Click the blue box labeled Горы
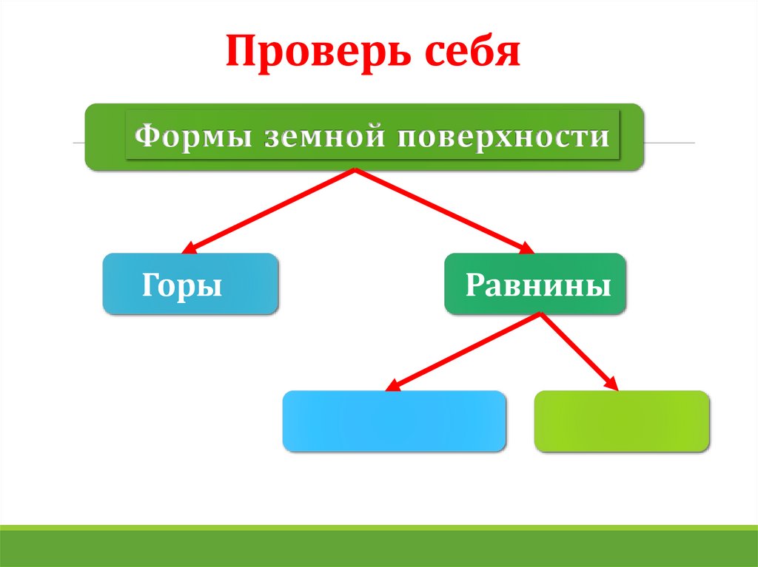190,285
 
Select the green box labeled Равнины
534,285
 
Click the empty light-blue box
394,421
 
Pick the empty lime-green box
621,421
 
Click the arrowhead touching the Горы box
189,249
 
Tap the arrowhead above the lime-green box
613,384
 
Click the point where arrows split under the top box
356,171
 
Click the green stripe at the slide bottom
379,547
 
